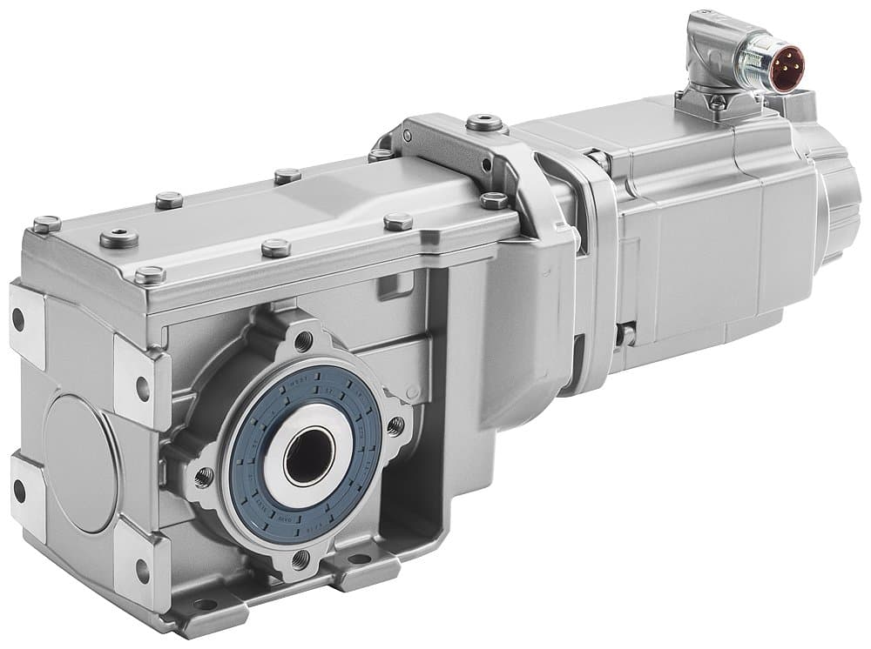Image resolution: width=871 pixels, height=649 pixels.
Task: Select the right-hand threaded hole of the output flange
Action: (395, 425)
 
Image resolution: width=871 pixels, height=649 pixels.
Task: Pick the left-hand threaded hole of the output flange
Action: (204, 475)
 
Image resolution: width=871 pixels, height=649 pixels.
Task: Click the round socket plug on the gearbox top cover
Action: (119, 238)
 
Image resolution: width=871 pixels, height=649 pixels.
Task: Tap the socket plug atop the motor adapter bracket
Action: (484, 123)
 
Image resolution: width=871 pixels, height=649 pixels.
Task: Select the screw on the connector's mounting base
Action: (715, 102)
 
